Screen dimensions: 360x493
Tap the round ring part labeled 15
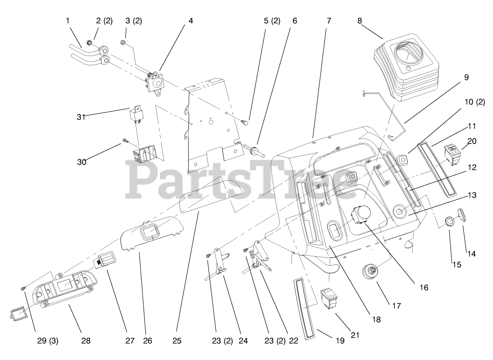click(449, 221)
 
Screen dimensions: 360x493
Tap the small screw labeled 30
click(125, 141)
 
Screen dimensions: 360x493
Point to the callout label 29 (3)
click(47, 341)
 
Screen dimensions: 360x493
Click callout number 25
click(176, 341)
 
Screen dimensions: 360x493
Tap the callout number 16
click(424, 287)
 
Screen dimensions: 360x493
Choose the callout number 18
click(376, 319)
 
